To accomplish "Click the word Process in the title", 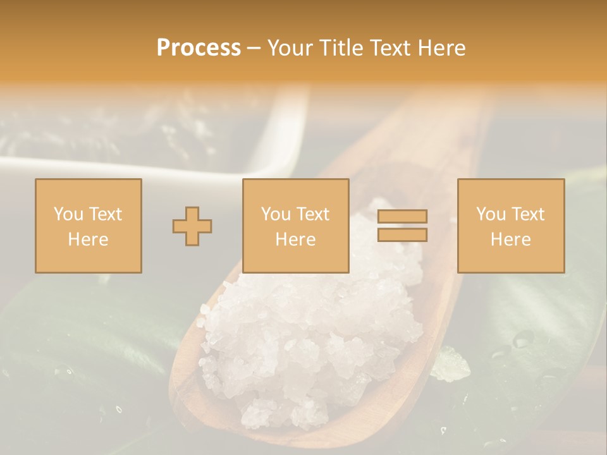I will click(x=199, y=48).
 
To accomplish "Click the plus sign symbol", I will click(x=192, y=226).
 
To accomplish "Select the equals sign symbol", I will click(x=402, y=226).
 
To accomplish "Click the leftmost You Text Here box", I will click(x=89, y=226).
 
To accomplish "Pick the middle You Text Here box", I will click(x=295, y=226).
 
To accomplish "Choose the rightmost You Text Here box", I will click(x=510, y=226).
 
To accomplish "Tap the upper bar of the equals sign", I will click(x=402, y=217).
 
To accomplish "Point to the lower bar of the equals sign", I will click(x=402, y=234).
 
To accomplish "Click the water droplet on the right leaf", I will click(x=522, y=340).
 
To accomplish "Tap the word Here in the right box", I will click(x=510, y=240).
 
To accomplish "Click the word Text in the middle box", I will click(x=313, y=214).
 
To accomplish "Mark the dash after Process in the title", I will click(x=254, y=48).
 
